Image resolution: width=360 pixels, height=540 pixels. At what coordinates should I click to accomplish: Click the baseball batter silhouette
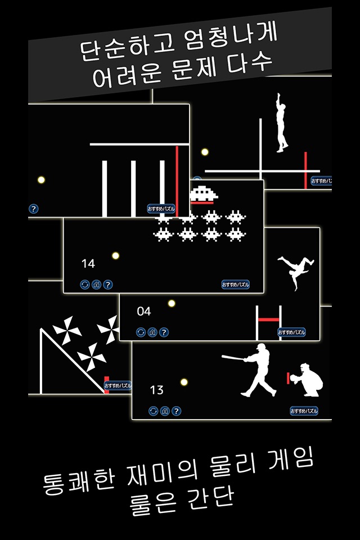click(x=256, y=371)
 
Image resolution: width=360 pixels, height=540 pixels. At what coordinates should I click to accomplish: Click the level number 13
click(x=156, y=390)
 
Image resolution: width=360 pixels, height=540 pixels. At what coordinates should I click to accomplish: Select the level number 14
click(x=88, y=263)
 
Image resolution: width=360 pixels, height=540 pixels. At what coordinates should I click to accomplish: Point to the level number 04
click(x=144, y=312)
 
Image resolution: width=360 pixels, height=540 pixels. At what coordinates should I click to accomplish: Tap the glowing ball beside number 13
click(x=183, y=382)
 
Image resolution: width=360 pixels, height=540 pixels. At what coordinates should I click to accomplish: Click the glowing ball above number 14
click(x=115, y=255)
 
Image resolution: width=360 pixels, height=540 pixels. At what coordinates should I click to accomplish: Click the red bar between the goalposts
click(x=268, y=319)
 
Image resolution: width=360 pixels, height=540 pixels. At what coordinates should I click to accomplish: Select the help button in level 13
click(x=177, y=411)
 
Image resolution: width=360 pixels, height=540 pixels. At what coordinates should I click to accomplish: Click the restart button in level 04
click(x=141, y=332)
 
